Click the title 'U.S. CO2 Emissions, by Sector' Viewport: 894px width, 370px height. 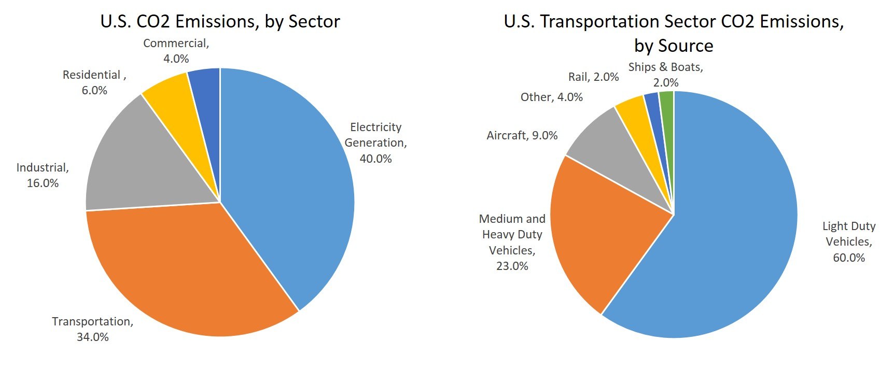tap(220, 22)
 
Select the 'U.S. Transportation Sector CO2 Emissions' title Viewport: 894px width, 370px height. tap(674, 22)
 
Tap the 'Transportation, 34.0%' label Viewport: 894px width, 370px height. tap(93, 329)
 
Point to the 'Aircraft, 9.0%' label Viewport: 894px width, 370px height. tap(522, 136)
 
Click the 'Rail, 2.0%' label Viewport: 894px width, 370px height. tap(594, 77)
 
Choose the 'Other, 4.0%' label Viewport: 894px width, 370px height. tap(552, 97)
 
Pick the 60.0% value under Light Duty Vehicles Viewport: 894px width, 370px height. tap(849, 258)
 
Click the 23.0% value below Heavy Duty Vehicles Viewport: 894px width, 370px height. tap(512, 266)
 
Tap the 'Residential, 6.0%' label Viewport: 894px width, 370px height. tap(94, 82)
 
